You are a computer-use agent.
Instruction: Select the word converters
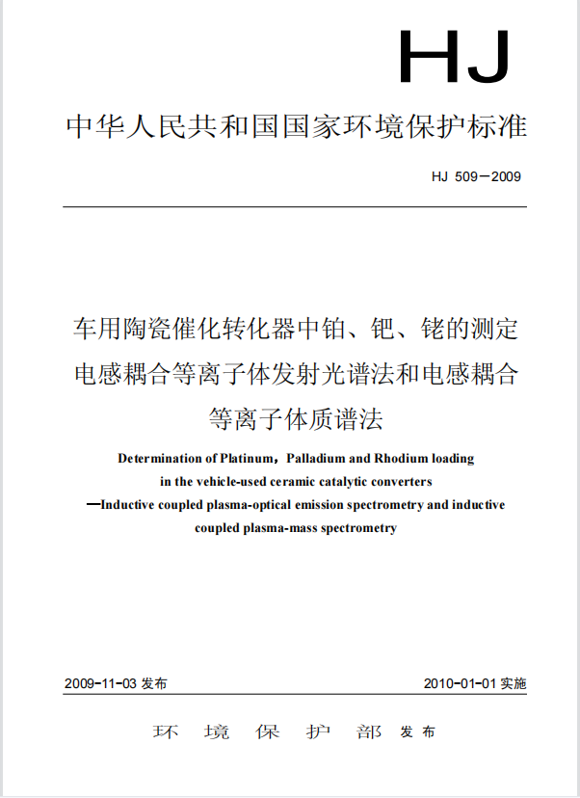pos(403,480)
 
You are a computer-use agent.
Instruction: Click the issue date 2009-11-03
pos(99,683)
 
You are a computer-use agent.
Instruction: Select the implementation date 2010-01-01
pos(460,683)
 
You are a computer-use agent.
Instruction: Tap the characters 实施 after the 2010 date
pos(513,683)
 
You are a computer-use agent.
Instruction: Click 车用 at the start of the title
pos(98,330)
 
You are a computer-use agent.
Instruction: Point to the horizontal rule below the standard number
pos(295,206)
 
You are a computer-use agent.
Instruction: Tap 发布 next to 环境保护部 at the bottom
pos(417,732)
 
